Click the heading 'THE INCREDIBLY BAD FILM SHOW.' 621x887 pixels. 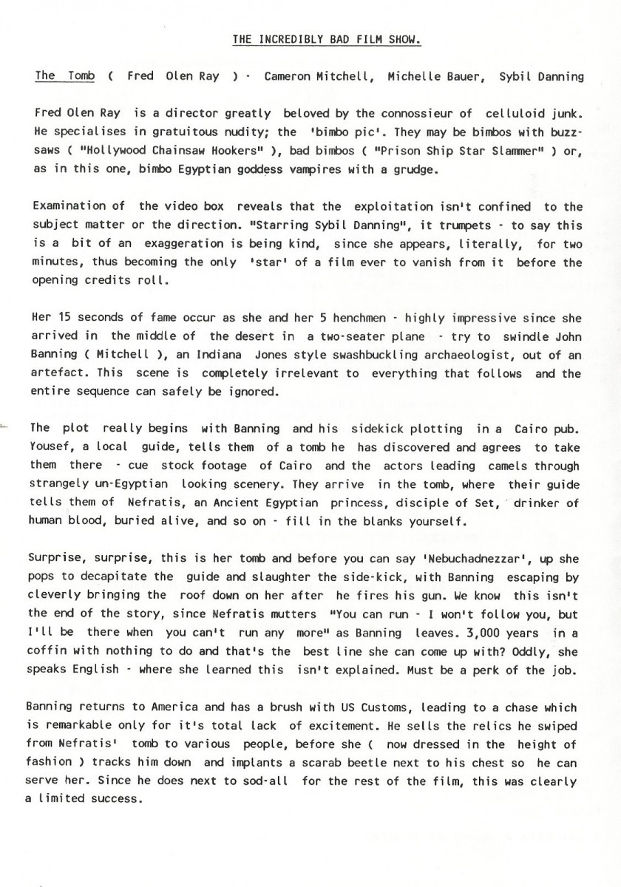pyautogui.click(x=327, y=39)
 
